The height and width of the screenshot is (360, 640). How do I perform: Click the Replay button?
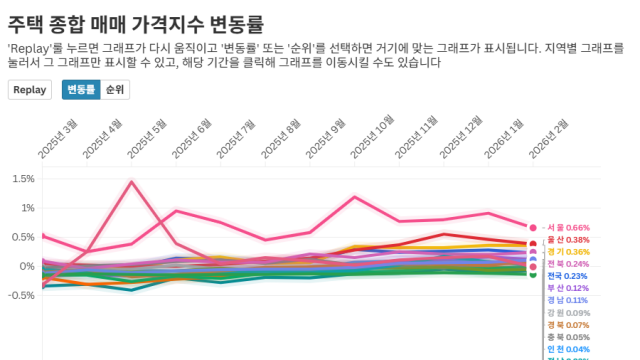coord(30,89)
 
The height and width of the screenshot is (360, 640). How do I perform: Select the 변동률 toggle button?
coord(80,89)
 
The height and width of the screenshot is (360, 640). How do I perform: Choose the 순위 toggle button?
coord(115,89)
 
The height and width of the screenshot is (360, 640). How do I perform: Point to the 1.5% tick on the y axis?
coord(22,179)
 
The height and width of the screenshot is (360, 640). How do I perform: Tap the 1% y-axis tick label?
coord(26,208)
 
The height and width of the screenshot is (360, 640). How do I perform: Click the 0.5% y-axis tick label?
coord(22,237)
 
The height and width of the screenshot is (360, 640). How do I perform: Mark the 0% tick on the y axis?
coord(26,266)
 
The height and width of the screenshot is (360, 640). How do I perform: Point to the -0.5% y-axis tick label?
coord(20,295)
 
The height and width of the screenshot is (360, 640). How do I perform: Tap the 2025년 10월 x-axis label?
coord(372,137)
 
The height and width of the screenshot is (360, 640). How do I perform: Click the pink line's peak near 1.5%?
coord(132,182)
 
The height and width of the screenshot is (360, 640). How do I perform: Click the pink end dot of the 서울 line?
coord(533,228)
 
